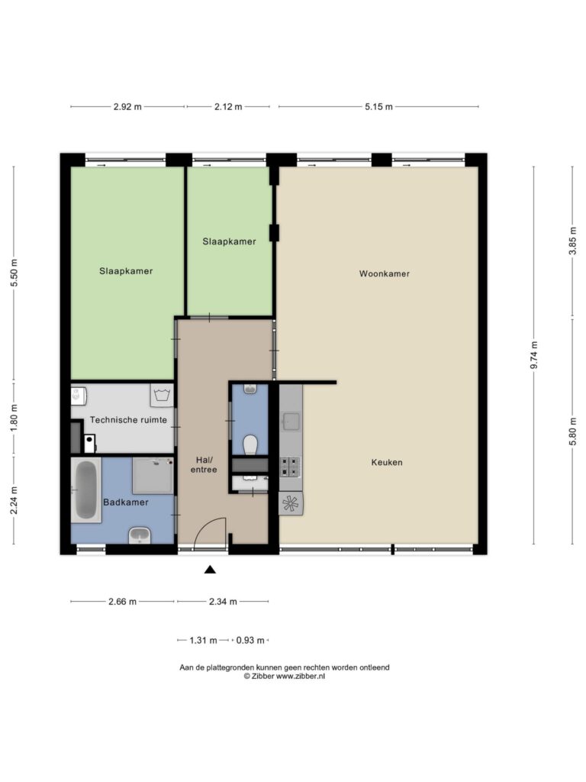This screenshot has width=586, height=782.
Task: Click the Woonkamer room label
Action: point(385,273)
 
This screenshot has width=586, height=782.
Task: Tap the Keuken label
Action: point(387,462)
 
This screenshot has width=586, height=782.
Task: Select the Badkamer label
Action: point(126,502)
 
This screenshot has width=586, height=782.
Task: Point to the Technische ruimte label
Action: point(128,420)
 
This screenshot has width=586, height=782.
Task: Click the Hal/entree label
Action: point(203,464)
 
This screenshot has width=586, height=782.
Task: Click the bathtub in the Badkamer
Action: point(85,490)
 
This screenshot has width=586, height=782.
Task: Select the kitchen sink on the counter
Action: point(291,421)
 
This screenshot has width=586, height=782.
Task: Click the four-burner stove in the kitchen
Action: point(290,467)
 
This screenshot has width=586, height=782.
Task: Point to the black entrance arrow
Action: point(211,570)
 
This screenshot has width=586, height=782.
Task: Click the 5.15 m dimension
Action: point(378,107)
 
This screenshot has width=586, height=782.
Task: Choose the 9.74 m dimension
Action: point(534,355)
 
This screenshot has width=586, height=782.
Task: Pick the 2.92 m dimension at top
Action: point(127,107)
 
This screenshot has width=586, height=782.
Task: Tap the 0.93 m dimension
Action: point(250,641)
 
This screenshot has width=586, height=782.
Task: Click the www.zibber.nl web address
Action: point(301,677)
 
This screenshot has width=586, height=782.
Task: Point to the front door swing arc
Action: point(208,524)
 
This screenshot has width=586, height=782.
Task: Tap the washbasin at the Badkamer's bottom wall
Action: point(140,535)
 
